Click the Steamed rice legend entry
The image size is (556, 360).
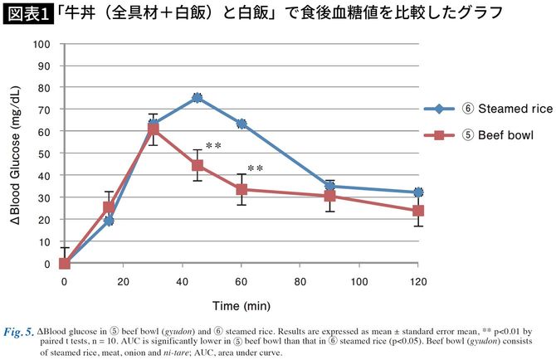point(482,109)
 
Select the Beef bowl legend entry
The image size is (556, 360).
point(476,135)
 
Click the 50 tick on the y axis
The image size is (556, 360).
point(46,153)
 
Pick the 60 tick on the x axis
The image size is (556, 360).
point(241,281)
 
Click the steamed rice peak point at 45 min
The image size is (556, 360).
point(197,97)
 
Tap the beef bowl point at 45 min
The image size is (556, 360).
point(197,165)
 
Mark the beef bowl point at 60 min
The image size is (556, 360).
point(241,189)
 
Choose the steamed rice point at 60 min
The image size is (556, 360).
point(241,124)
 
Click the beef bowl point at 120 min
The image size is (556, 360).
point(417,211)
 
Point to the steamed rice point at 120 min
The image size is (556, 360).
point(417,192)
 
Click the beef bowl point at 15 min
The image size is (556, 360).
point(109,207)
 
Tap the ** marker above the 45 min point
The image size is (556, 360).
point(213,147)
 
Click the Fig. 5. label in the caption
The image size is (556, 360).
point(20,331)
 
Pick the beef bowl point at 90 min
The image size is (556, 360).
point(329,196)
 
